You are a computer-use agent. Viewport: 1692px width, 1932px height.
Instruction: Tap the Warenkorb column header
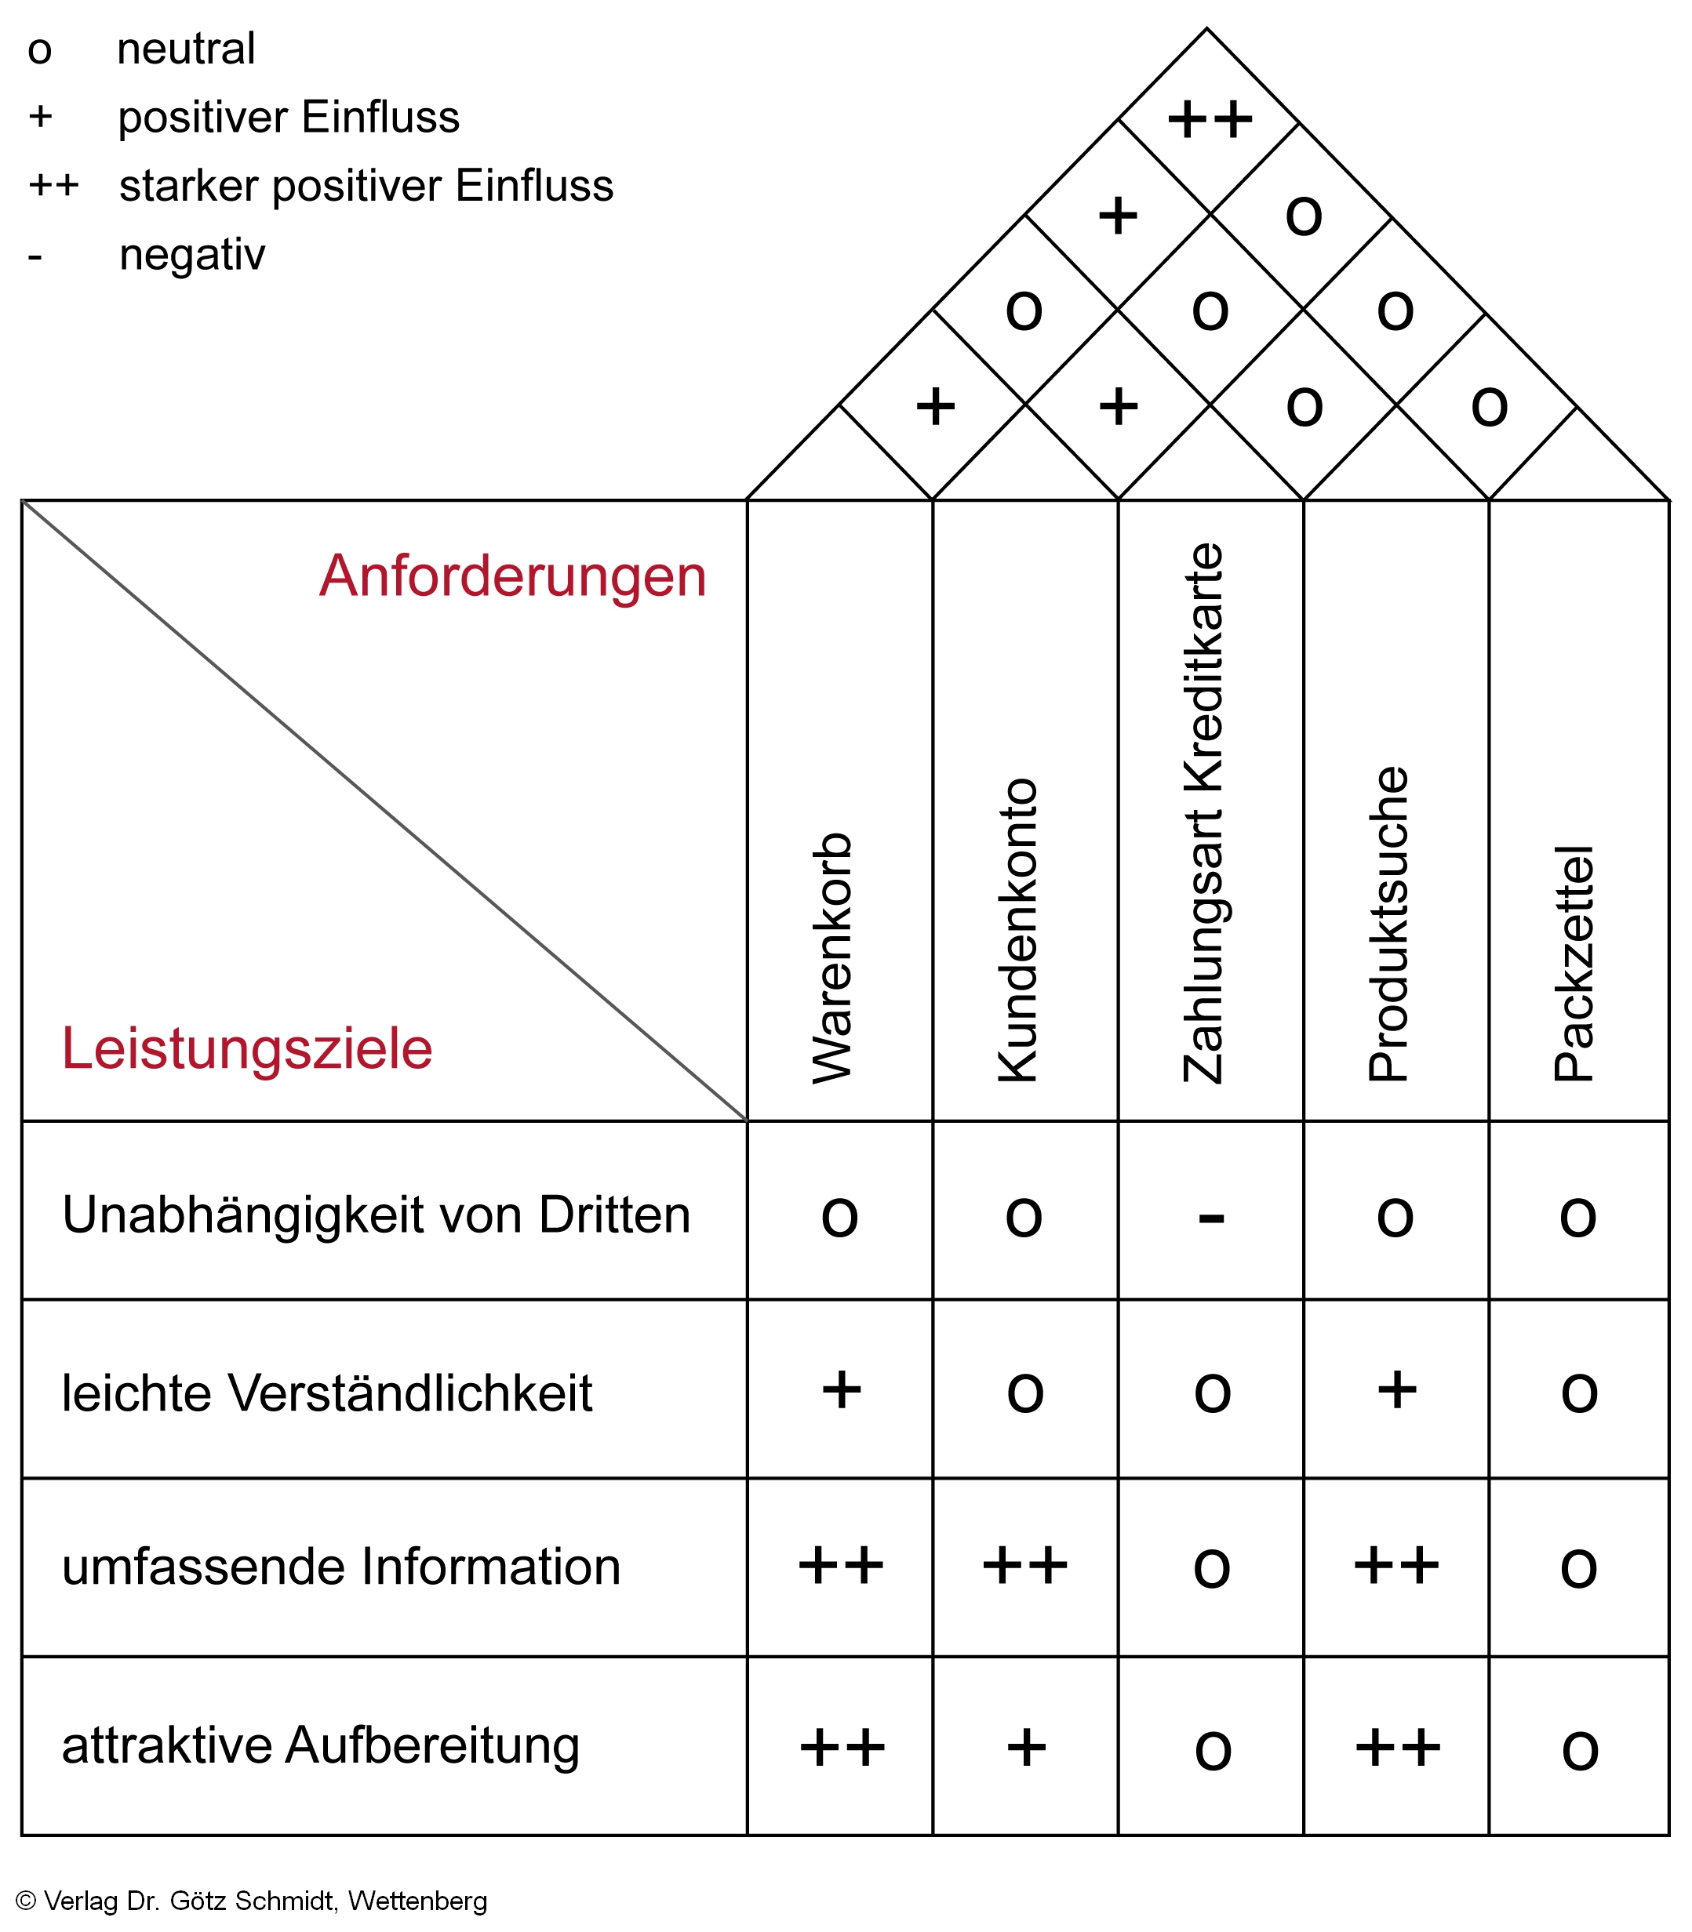tap(833, 957)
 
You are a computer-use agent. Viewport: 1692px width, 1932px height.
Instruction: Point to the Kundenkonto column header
tap(1018, 930)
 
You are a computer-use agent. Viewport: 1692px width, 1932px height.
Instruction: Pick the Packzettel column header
tap(1574, 963)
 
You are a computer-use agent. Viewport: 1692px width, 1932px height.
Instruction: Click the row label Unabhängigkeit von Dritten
tap(376, 1215)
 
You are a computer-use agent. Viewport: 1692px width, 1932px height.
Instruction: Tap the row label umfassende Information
tap(341, 1567)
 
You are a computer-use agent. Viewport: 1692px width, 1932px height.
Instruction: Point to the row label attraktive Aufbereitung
tap(320, 1745)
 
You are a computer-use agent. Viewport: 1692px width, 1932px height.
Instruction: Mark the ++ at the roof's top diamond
tap(1210, 120)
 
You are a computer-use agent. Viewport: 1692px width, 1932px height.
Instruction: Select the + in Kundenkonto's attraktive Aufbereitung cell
tap(1026, 1748)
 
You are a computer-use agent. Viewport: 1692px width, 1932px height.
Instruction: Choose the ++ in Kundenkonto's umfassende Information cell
tap(1024, 1567)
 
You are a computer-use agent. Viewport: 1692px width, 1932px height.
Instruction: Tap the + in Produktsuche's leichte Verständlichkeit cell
tap(1396, 1390)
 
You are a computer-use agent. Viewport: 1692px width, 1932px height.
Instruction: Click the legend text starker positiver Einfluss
tap(366, 186)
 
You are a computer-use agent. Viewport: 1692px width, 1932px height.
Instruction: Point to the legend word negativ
tap(193, 255)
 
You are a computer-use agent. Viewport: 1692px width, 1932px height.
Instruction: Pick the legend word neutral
tap(186, 49)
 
